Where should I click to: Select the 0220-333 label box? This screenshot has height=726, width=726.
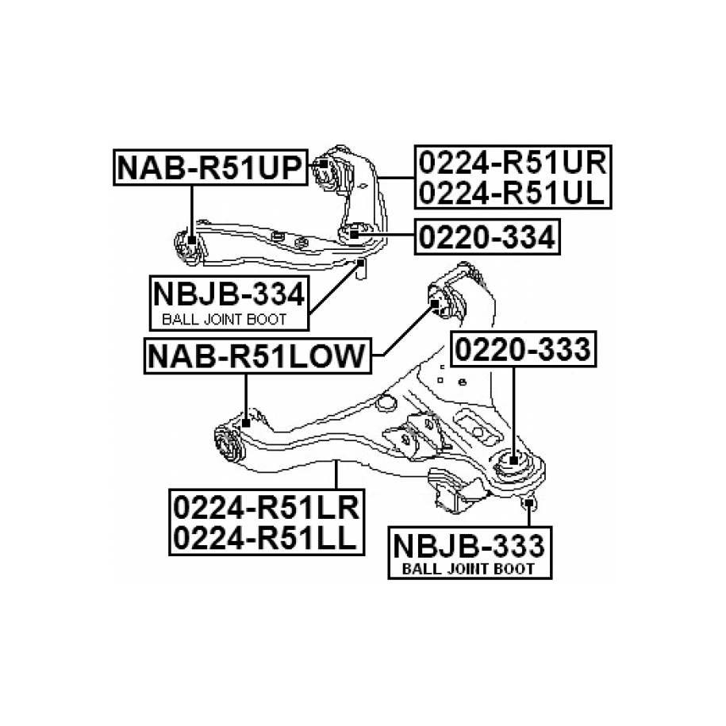click(522, 349)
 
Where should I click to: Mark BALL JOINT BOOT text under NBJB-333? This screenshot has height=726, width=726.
click(468, 569)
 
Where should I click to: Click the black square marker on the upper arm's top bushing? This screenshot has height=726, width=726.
click(324, 165)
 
